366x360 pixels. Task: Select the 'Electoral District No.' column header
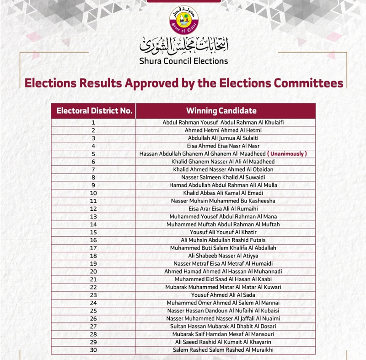pyautogui.click(x=94, y=111)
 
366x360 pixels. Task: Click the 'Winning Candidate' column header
pyautogui.click(x=221, y=111)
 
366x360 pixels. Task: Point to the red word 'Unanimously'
pyautogui.click(x=287, y=154)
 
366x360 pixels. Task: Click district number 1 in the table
pyautogui.click(x=93, y=123)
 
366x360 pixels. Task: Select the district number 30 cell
pyautogui.click(x=93, y=350)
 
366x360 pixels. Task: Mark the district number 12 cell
pyautogui.click(x=93, y=209)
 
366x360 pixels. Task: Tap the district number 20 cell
pyautogui.click(x=93, y=272)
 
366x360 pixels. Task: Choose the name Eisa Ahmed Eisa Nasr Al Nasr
pyautogui.click(x=221, y=146)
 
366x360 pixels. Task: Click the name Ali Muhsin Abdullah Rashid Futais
pyautogui.click(x=221, y=240)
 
